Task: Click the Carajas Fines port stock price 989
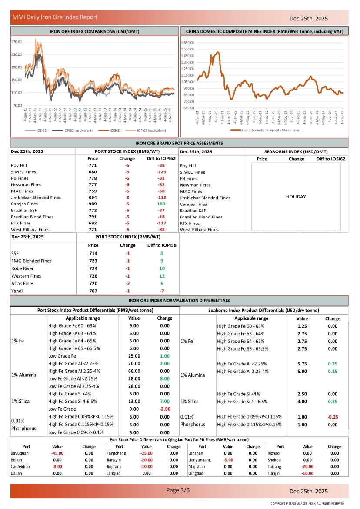coord(93,204)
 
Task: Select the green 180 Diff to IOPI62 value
coord(161,204)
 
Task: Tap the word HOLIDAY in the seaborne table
coord(296,197)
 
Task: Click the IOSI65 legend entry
coord(115,130)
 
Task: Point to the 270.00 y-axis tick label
coord(17,42)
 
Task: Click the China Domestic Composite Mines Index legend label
coord(270,130)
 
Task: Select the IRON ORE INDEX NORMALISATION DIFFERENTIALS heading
coord(179,301)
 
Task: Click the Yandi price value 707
coord(93,291)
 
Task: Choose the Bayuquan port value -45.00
coord(57,453)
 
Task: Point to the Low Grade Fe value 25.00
coord(134,356)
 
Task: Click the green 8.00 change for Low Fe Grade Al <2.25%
coord(165,378)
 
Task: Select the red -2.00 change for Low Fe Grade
coord(165,409)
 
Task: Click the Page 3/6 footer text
coord(178,491)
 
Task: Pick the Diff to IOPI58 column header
coord(161,245)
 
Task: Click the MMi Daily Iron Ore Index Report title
coord(55,17)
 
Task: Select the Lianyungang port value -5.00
coord(228,460)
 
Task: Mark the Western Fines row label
coord(26,276)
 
